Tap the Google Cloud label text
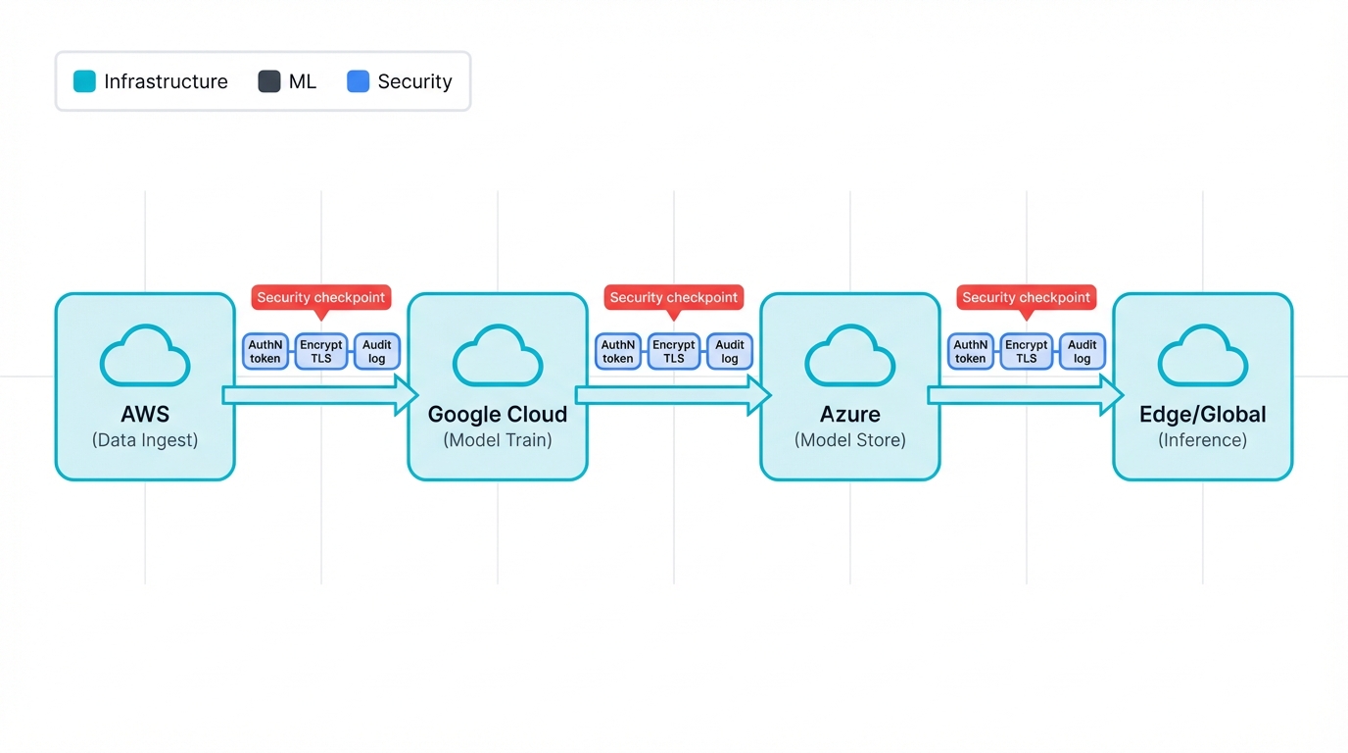[x=498, y=414]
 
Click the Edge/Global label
[x=1202, y=414]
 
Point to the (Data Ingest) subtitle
[x=145, y=440]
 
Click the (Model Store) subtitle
[x=850, y=440]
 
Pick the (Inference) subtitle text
[x=1202, y=440]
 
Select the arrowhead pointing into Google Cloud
[x=406, y=395]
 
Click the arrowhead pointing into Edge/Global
[x=1111, y=395]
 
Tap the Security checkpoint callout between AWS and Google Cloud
[x=321, y=297]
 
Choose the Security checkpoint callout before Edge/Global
[x=1026, y=297]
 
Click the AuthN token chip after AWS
[x=265, y=351]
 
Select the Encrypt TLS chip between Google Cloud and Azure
[x=674, y=351]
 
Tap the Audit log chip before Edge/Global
[x=1082, y=351]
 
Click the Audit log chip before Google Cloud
[x=377, y=351]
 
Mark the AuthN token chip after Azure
[x=971, y=351]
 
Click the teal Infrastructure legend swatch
[x=85, y=81]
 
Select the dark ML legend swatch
[x=269, y=81]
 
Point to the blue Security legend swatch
[x=359, y=81]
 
